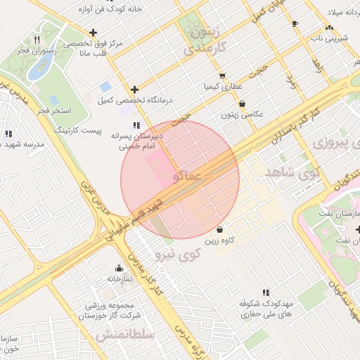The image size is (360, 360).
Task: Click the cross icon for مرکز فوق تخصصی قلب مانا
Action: (x=93, y=32)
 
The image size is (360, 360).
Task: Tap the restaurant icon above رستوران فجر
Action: (x=37, y=39)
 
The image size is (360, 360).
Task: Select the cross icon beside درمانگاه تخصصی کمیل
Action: (x=134, y=89)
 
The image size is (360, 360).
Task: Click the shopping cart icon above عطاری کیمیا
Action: (x=222, y=76)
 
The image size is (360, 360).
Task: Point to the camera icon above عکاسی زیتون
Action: (x=242, y=103)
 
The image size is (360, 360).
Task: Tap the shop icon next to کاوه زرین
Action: (x=220, y=229)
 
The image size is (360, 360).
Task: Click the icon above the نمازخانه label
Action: (x=119, y=268)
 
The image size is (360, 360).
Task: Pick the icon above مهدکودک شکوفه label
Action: (x=265, y=292)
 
